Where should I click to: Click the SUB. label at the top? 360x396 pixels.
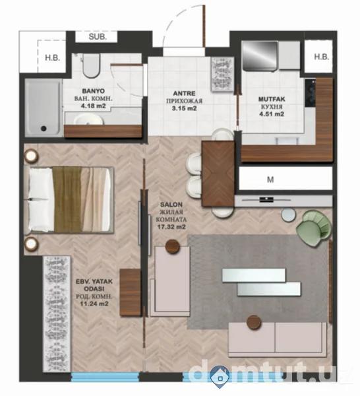tap(98, 37)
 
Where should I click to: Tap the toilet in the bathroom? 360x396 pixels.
tap(91, 65)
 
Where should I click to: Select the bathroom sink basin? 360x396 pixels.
tap(88, 119)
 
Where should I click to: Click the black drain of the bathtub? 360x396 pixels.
tap(44, 128)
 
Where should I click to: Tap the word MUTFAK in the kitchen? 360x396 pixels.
tap(272, 99)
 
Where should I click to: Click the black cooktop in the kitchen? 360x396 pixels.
tap(311, 92)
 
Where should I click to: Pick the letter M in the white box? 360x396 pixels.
tap(270, 180)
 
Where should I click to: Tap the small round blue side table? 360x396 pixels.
tap(289, 215)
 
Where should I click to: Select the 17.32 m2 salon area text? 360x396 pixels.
tap(171, 227)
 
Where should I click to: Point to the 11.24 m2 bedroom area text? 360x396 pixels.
tap(94, 304)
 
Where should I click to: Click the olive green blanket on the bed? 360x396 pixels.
tap(67, 199)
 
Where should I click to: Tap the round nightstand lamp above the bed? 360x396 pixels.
tap(30, 156)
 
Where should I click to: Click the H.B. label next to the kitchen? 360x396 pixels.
tap(321, 57)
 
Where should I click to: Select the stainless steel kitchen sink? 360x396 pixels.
tap(260, 55)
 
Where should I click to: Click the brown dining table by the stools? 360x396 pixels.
tap(218, 174)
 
